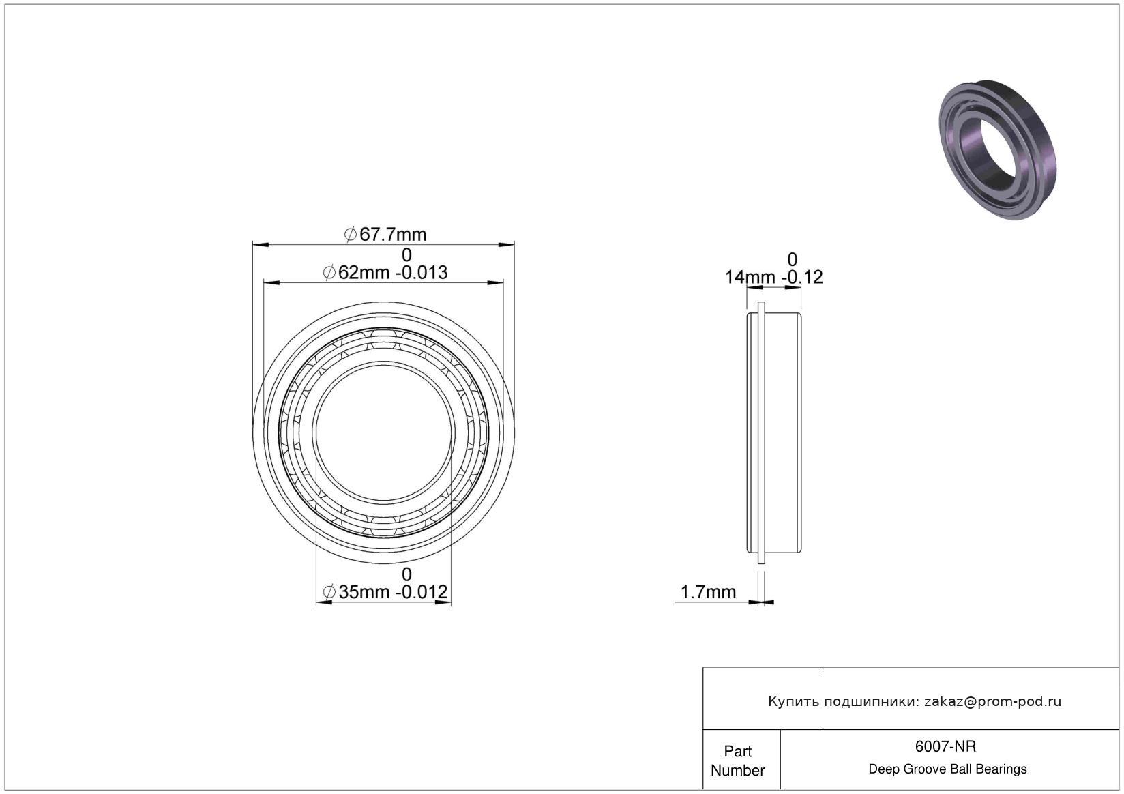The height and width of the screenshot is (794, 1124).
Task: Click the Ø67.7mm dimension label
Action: (385, 235)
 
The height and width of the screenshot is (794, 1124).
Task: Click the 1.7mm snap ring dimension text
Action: (708, 592)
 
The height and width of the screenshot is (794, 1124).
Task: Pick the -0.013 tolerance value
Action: (421, 273)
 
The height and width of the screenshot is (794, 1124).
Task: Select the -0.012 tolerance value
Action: (421, 592)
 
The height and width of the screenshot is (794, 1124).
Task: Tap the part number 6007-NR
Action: (945, 746)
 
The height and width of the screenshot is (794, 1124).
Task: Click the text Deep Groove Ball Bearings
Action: (947, 769)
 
